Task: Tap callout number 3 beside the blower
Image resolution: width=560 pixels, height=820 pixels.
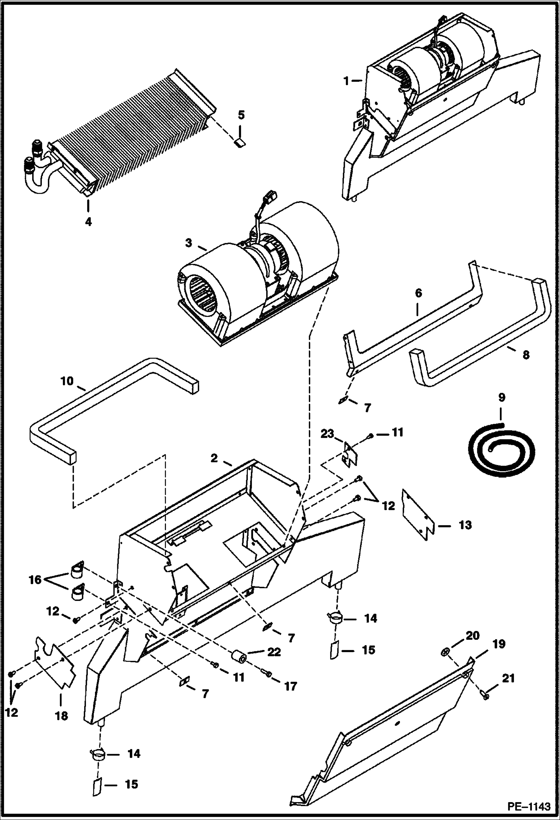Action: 188,243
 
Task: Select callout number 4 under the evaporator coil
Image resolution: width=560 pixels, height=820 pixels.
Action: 88,222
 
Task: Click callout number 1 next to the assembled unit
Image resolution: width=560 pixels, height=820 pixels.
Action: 347,81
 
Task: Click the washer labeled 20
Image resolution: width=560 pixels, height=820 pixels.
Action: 444,652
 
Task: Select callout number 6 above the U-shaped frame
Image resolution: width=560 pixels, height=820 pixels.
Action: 418,293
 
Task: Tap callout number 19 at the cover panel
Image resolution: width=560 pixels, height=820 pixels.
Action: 499,644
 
